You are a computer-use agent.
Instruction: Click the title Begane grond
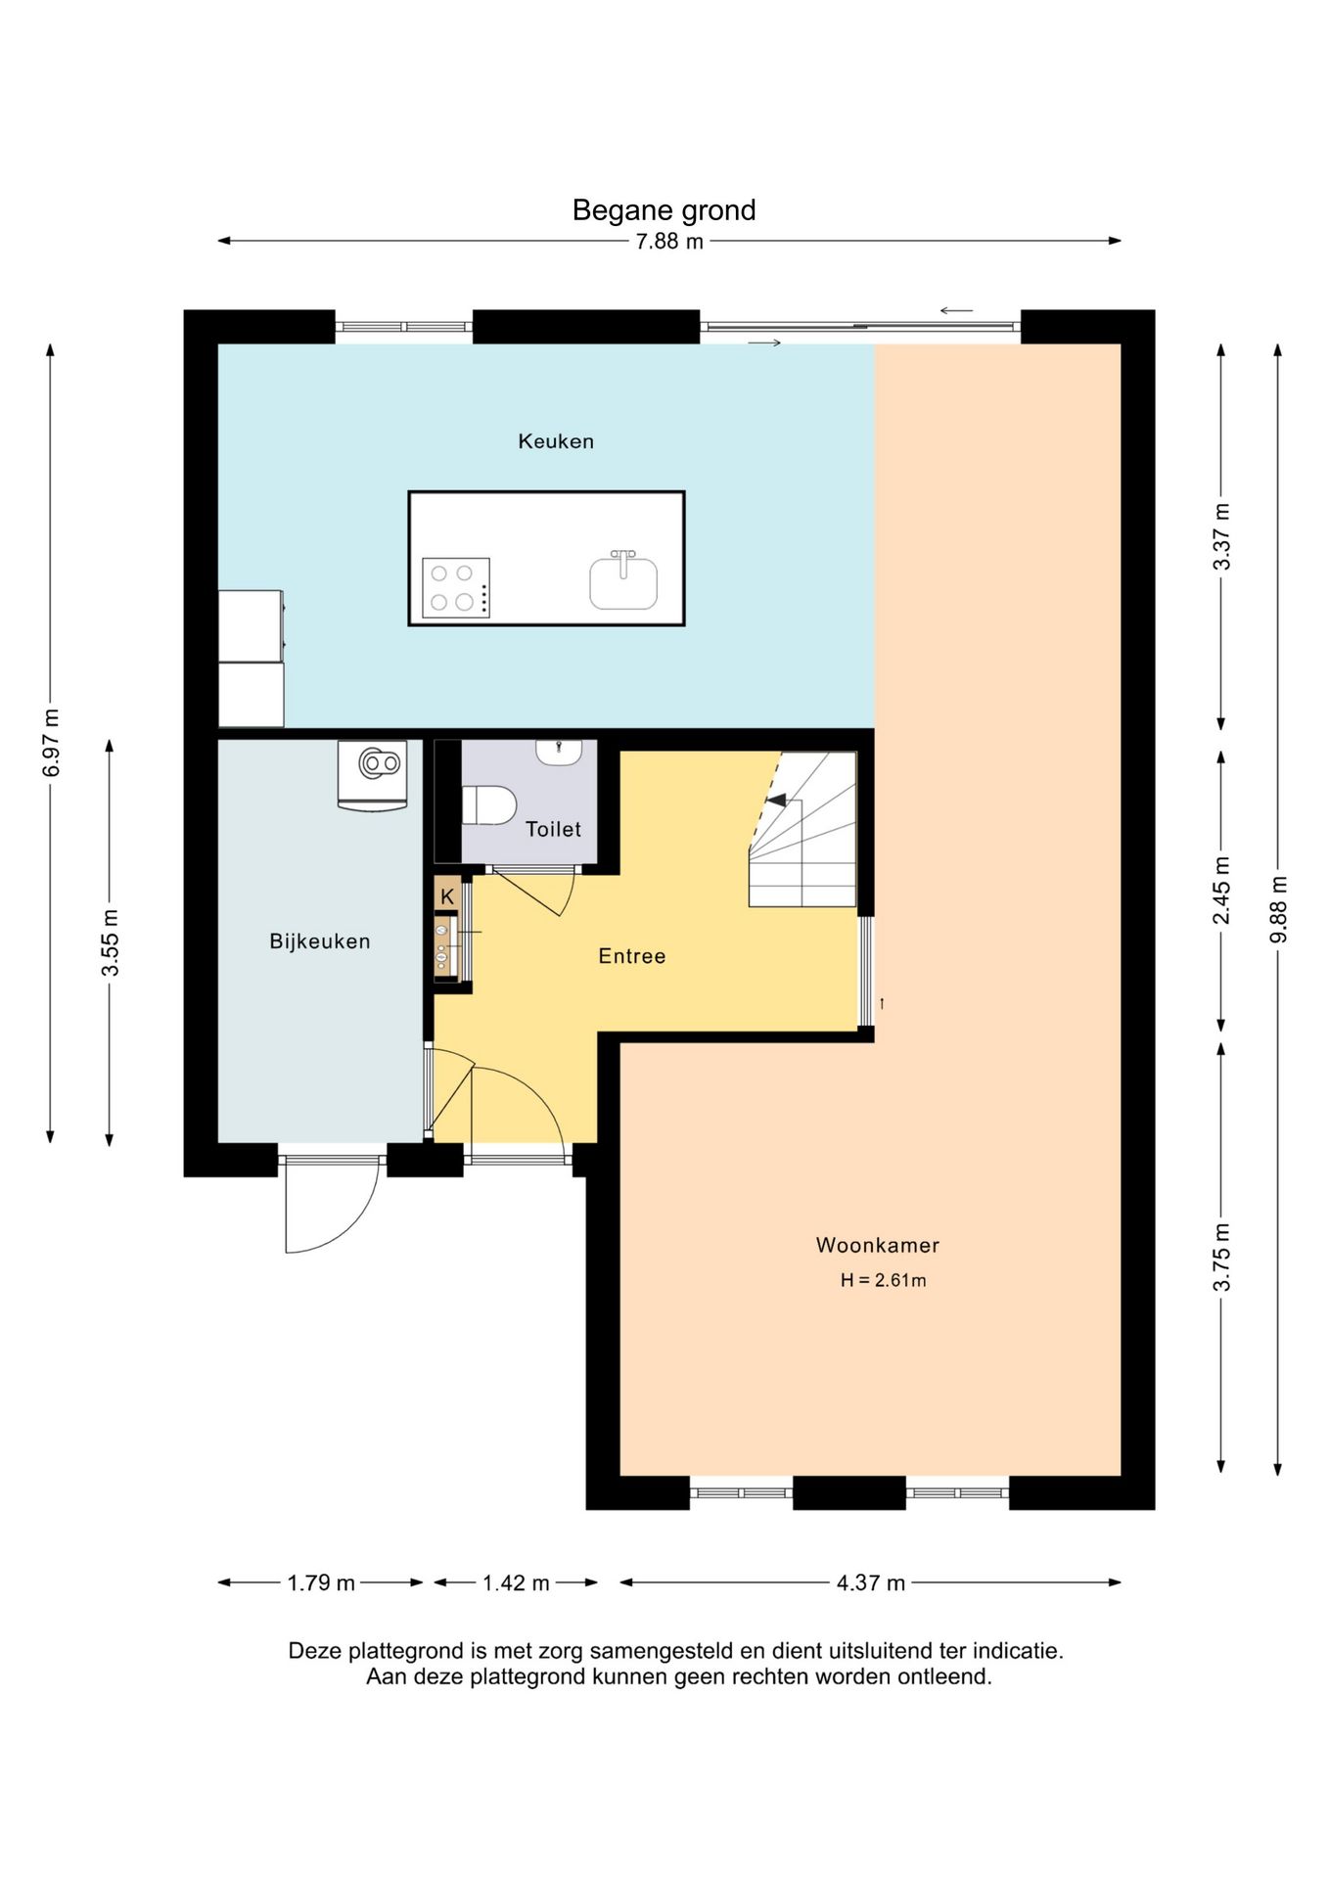point(664,210)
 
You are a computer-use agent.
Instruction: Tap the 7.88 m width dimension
point(669,242)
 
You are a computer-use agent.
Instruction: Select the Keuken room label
point(556,441)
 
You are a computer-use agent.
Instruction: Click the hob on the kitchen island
point(456,587)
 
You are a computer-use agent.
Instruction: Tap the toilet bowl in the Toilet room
point(489,804)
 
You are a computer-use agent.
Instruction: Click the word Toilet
point(553,829)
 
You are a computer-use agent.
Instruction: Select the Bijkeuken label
point(320,941)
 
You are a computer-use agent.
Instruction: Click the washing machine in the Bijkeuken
point(373,775)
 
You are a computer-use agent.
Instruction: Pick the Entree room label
point(632,956)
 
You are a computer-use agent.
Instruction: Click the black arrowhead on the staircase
point(776,801)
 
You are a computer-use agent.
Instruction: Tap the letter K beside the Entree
point(447,896)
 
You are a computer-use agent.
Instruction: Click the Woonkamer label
point(878,1246)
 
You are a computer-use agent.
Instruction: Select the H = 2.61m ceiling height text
point(883,1280)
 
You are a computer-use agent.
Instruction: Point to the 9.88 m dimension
point(1278,910)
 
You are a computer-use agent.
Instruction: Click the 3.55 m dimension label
point(111,942)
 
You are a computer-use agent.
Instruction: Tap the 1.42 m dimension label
point(516,1583)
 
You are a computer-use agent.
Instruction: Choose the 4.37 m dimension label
point(871,1583)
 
